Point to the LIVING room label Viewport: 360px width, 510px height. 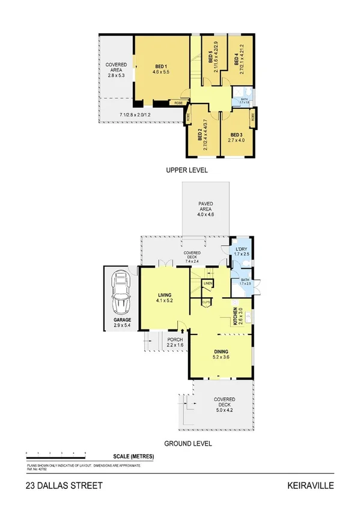[165, 295]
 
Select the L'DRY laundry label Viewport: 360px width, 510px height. [242, 249]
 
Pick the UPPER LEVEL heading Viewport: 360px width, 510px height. [187, 171]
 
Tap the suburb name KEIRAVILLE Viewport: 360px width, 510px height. [313, 485]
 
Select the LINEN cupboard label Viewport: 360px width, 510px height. [209, 283]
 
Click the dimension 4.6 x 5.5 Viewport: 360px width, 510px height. [160, 71]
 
